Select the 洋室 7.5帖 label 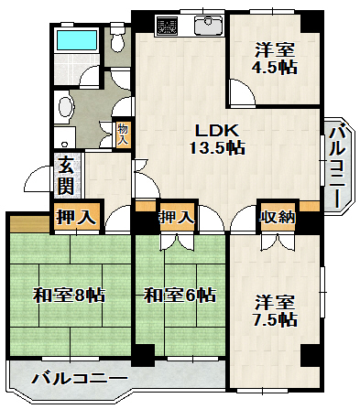click(274, 309)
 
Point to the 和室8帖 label click(69, 295)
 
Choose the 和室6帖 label click(179, 295)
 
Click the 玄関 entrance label click(67, 174)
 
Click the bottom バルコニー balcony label click(80, 377)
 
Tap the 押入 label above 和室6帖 click(176, 217)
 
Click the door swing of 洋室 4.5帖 click(240, 91)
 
